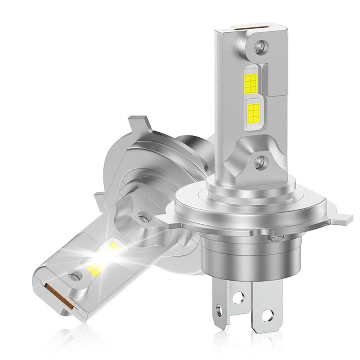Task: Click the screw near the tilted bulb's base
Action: click(143, 218)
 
